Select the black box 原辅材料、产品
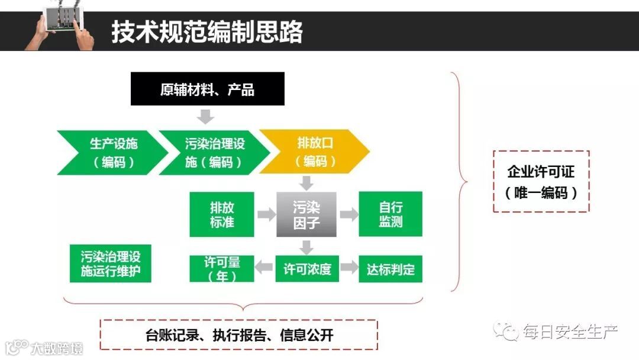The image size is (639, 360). click(207, 89)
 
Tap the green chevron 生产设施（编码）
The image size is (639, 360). click(106, 152)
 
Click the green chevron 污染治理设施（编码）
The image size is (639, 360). click(214, 152)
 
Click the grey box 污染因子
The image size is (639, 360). click(306, 214)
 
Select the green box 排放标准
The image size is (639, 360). click(222, 214)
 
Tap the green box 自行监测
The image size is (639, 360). click(390, 214)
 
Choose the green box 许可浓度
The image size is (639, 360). click(306, 269)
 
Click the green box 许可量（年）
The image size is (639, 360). click(222, 269)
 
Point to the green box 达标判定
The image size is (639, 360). click(390, 269)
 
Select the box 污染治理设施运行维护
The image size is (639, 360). click(111, 264)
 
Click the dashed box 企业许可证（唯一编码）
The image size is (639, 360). click(541, 181)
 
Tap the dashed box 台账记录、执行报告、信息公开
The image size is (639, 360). click(239, 335)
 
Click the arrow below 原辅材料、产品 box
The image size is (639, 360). click(205, 116)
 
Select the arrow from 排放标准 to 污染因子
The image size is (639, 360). click(266, 214)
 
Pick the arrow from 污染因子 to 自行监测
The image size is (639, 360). click(348, 214)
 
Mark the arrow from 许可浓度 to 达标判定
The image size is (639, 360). click(348, 268)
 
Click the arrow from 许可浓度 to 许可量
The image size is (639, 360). click(264, 268)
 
